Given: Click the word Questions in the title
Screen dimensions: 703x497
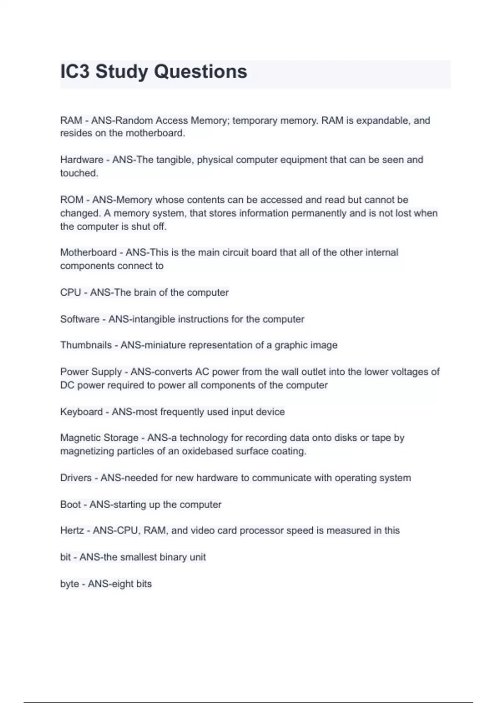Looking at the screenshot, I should pyautogui.click(x=200, y=72).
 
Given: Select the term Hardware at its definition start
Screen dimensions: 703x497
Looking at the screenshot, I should pyautogui.click(x=82, y=160).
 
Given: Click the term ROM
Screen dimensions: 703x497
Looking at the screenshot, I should pyautogui.click(x=72, y=200).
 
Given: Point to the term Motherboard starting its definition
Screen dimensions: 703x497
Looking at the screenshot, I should pyautogui.click(x=88, y=253).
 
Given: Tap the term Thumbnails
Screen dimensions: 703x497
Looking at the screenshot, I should pyautogui.click(x=86, y=345).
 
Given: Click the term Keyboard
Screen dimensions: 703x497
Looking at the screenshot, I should pyautogui.click(x=81, y=412).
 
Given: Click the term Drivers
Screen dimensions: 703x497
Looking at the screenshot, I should pyautogui.click(x=76, y=478).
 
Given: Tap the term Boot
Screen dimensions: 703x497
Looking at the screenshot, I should pyautogui.click(x=70, y=505).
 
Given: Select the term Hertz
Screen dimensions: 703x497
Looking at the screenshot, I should pyautogui.click(x=72, y=531).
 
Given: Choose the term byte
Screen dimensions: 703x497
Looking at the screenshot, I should pyautogui.click(x=69, y=584).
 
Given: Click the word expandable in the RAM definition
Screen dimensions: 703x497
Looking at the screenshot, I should pyautogui.click(x=382, y=121).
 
